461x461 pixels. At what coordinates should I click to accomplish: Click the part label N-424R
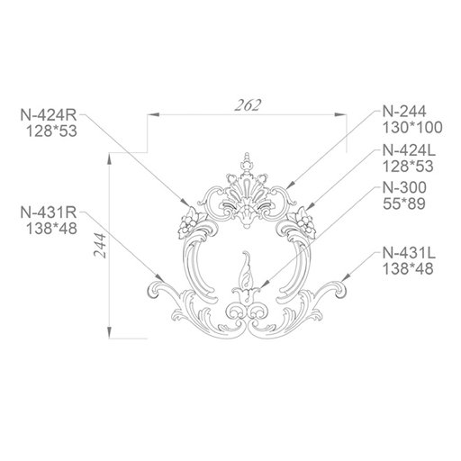click(x=49, y=114)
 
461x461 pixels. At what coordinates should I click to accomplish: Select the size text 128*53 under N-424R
click(x=52, y=131)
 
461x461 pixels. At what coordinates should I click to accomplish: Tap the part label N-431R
click(x=49, y=212)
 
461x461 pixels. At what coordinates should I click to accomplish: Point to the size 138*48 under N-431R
click(x=52, y=229)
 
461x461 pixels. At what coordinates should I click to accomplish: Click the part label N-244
click(x=404, y=112)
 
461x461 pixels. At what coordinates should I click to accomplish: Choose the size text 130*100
click(x=412, y=128)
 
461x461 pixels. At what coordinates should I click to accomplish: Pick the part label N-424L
click(x=409, y=150)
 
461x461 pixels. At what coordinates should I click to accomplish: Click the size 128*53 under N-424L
click(x=408, y=166)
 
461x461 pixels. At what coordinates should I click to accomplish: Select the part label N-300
click(x=404, y=187)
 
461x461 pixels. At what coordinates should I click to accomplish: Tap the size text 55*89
click(x=404, y=203)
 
